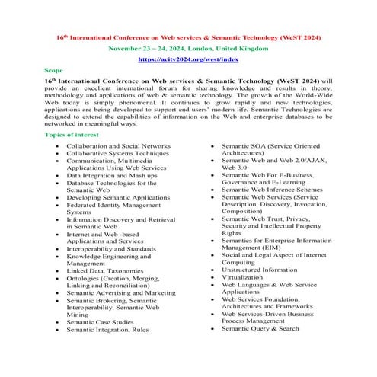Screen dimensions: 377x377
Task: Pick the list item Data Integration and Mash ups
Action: click(113, 174)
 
